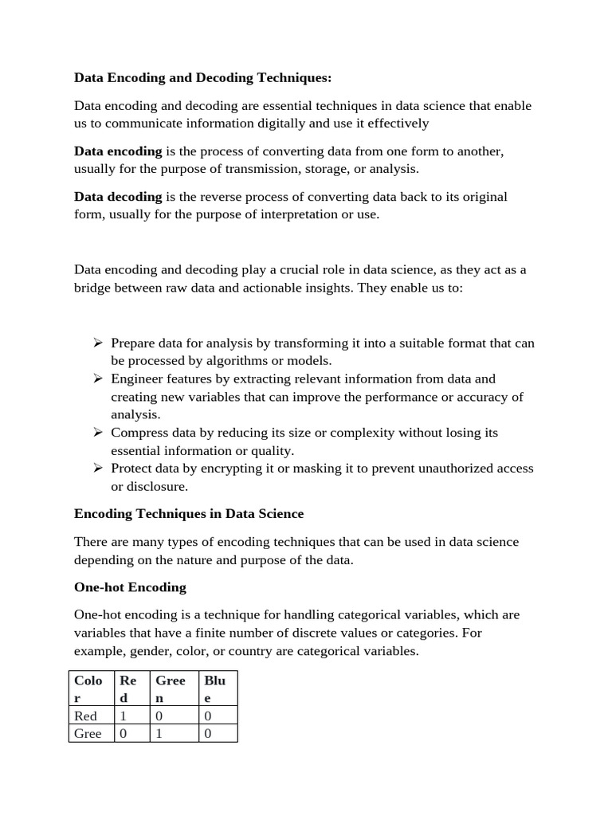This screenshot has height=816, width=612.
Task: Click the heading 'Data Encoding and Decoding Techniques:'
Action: click(x=202, y=77)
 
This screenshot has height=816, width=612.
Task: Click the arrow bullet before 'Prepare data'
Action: click(x=98, y=343)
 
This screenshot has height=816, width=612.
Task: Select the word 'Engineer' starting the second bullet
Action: click(x=136, y=379)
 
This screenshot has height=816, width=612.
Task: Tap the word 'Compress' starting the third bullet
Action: click(x=139, y=433)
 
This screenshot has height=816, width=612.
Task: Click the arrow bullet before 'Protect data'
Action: click(x=98, y=469)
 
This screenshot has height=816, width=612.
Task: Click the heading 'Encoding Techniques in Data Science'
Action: click(x=189, y=514)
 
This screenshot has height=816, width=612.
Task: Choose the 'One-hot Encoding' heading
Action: click(x=130, y=587)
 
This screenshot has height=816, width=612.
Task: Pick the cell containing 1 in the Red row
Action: click(x=124, y=716)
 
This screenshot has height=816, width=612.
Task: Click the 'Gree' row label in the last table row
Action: click(x=88, y=734)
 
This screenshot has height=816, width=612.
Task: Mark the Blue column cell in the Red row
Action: click(x=208, y=716)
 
